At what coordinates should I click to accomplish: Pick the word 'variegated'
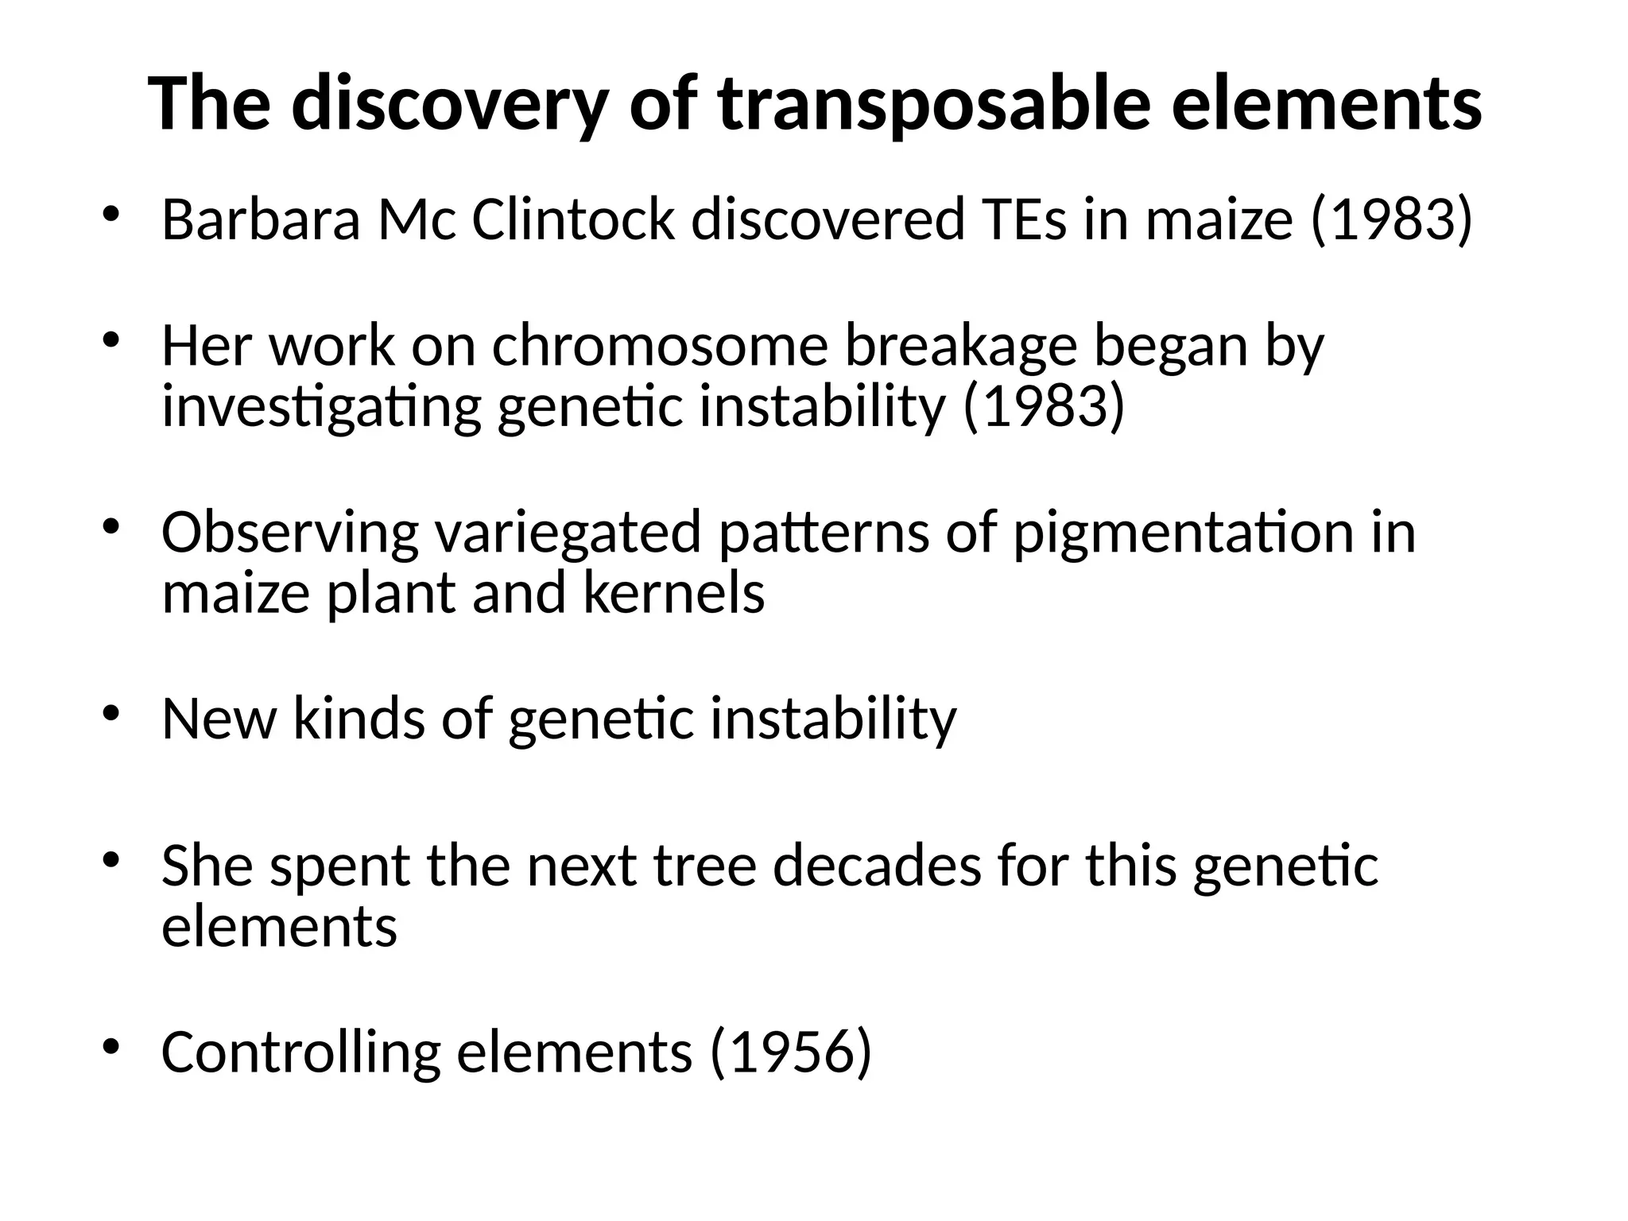[568, 533]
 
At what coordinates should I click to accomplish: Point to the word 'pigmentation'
[1183, 533]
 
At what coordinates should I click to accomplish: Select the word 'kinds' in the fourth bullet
[359, 719]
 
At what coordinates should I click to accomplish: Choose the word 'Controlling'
[300, 1052]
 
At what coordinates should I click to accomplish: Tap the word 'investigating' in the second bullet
[321, 407]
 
